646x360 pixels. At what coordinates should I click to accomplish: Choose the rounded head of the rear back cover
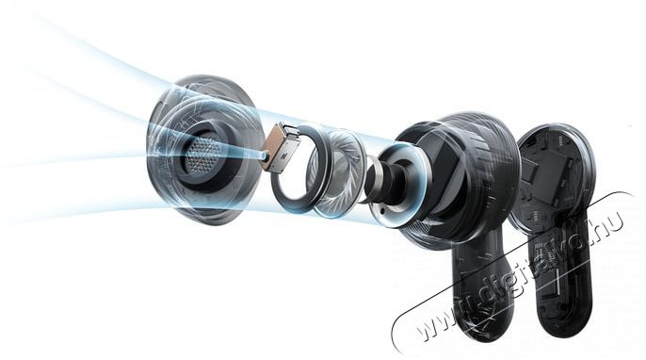pyautogui.click(x=556, y=174)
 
